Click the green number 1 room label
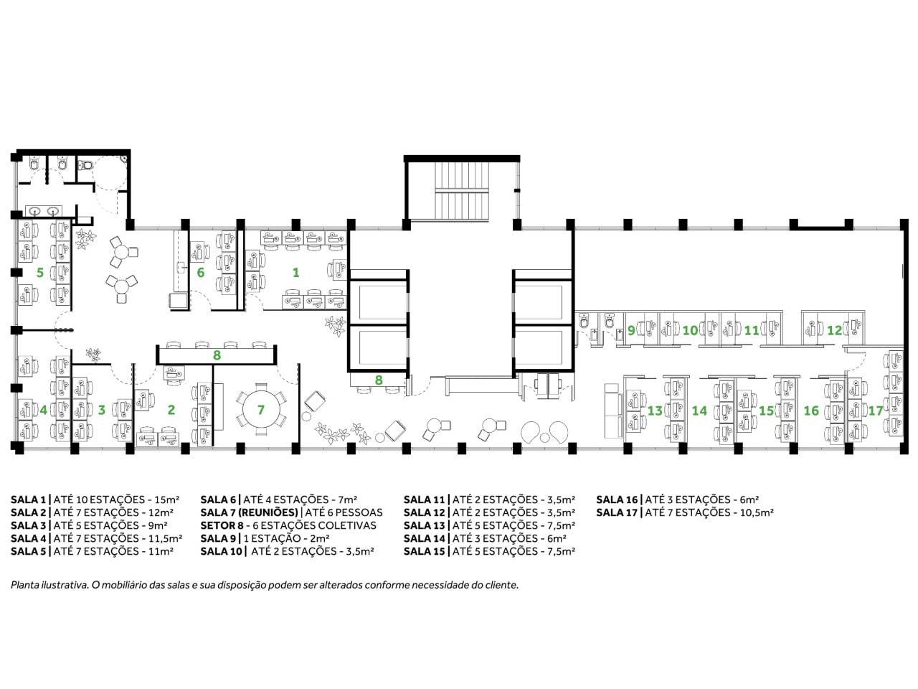pos(295,273)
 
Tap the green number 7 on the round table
pos(261,410)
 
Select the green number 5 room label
pos(40,273)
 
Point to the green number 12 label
pos(834,330)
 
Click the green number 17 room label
pos(876,411)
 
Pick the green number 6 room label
pos(201,273)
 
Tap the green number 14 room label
pos(699,411)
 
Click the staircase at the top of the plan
pos(462,191)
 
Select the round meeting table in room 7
pos(261,410)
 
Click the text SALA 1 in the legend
pos(29,500)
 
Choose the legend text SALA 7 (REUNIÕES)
pos(250,512)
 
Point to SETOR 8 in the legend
pos(222,525)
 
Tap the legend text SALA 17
pos(617,512)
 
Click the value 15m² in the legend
pos(167,500)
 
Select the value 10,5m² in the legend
pos(757,512)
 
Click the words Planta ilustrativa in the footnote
pos(49,585)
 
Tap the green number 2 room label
pos(171,410)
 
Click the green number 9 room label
pos(631,330)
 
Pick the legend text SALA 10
pos(221,551)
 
